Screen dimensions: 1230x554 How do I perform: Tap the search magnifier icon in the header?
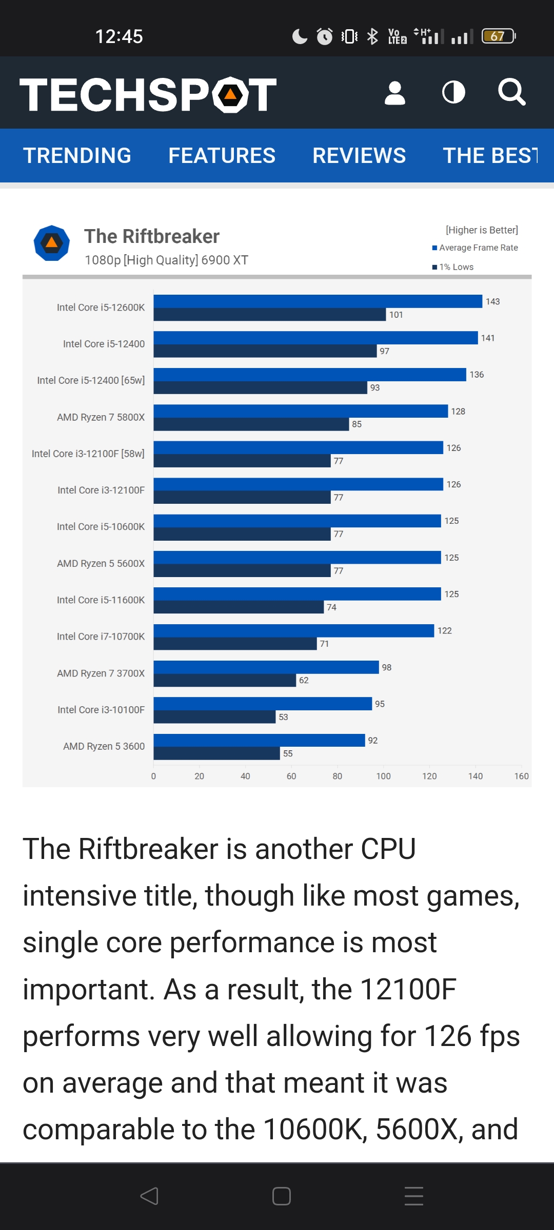tap(511, 92)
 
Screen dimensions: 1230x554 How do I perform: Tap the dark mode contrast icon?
tap(453, 93)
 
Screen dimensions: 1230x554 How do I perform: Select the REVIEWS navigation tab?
tap(359, 155)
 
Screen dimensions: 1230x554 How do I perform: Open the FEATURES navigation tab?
tap(222, 155)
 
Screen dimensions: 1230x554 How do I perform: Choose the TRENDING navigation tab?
tap(77, 155)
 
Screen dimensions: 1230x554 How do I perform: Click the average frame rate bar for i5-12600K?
tap(318, 301)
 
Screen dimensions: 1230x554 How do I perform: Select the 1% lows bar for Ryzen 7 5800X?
tap(251, 424)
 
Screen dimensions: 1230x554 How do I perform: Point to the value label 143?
tap(492, 301)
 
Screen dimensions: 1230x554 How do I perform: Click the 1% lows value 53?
tap(283, 717)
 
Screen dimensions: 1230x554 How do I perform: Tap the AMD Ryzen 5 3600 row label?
tap(104, 746)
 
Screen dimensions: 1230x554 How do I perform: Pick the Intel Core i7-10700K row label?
tap(101, 637)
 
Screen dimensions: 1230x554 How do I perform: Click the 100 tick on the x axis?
tap(383, 776)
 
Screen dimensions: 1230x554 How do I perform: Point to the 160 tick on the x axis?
tap(521, 776)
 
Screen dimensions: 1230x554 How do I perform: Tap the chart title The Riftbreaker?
tap(152, 236)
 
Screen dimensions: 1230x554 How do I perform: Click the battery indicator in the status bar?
tap(498, 36)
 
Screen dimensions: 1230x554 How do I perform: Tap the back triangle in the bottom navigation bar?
tap(149, 1196)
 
